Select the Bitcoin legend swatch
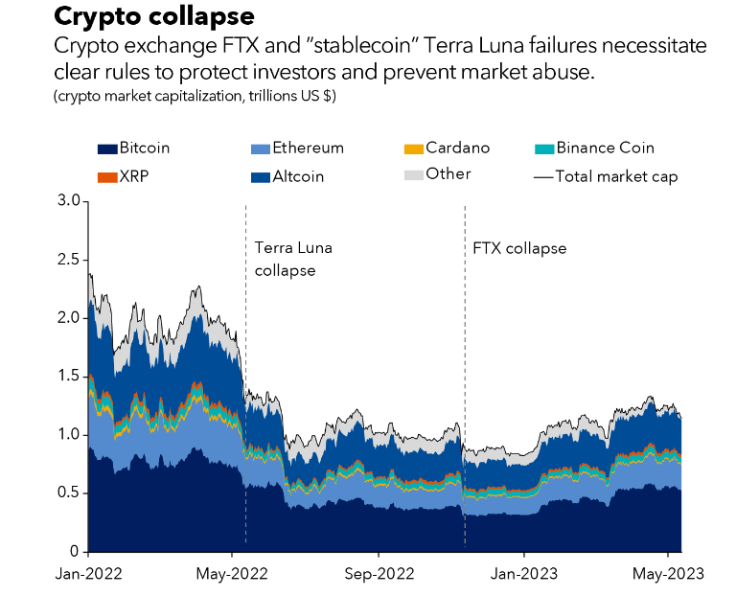[x=106, y=149]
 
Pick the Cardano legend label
[x=457, y=149]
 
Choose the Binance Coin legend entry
[x=605, y=149]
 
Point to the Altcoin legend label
[x=298, y=176]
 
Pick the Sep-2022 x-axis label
[x=378, y=574]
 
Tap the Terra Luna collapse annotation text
[x=293, y=259]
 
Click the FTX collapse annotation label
[x=520, y=248]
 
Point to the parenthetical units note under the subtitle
[x=195, y=97]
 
